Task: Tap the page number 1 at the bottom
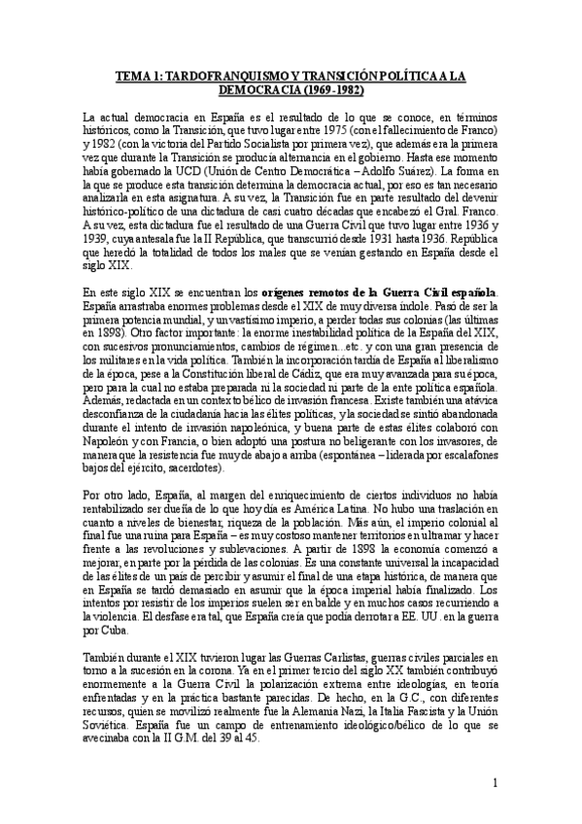496,782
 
